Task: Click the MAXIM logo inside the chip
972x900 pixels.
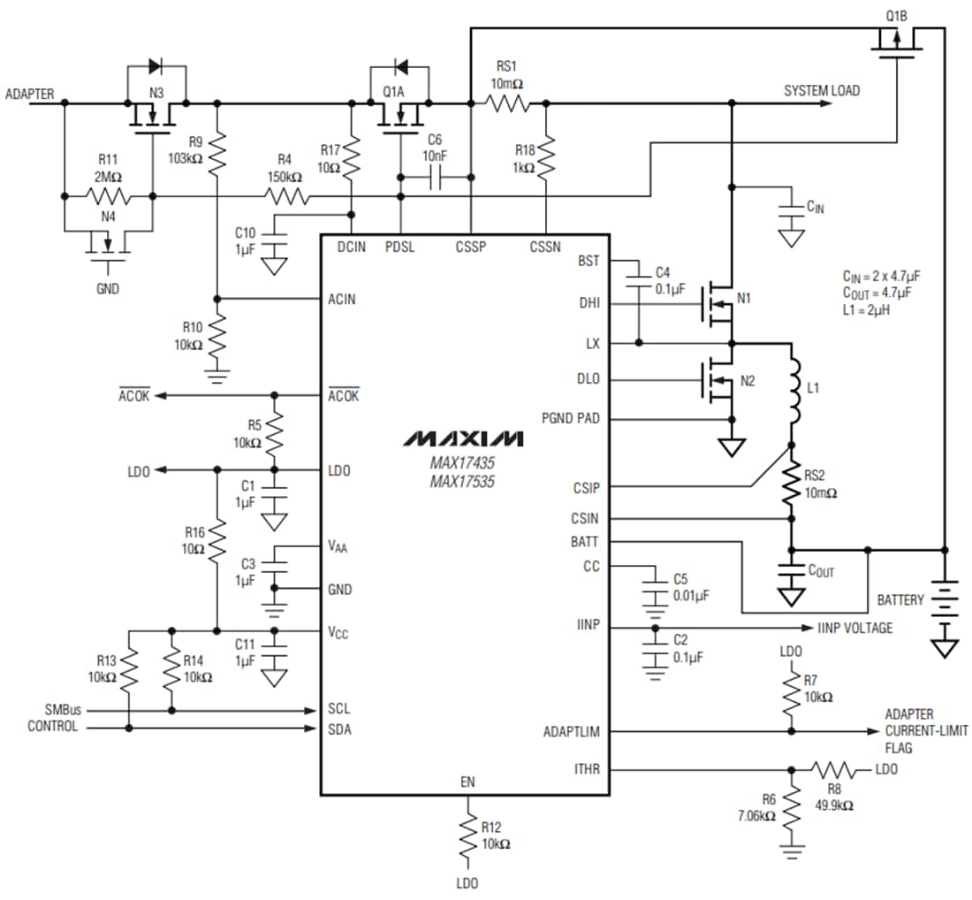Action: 464,439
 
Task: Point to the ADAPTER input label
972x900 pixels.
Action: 29,93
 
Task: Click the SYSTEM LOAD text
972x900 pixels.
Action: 821,90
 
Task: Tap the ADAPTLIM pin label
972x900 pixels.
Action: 572,732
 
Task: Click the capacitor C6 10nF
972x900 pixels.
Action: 434,179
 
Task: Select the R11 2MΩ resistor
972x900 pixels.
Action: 108,194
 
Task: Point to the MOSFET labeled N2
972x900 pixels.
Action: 720,382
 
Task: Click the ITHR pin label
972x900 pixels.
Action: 586,769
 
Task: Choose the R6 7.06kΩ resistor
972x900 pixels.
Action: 793,805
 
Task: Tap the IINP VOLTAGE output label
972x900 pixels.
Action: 854,628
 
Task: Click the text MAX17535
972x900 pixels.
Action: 463,481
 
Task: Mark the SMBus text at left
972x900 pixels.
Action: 63,709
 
